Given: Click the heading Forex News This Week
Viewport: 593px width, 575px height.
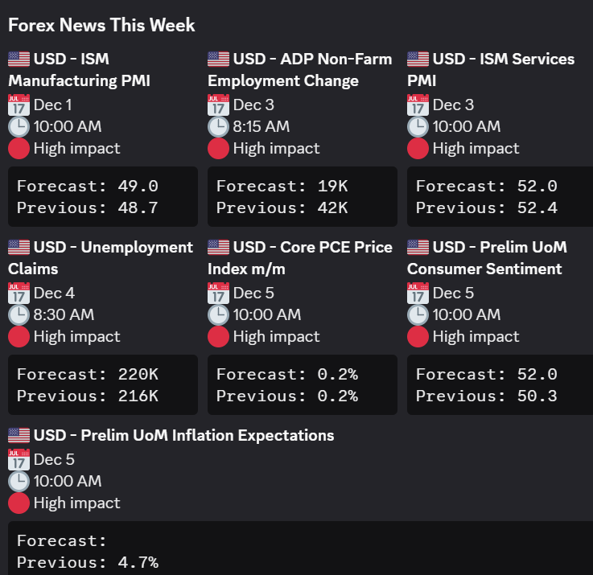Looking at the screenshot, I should [x=101, y=25].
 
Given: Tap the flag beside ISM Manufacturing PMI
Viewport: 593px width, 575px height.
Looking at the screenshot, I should [x=19, y=59].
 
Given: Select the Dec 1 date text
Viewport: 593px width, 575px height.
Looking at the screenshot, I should [x=52, y=105].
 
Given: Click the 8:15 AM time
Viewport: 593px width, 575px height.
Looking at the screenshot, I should [x=261, y=126].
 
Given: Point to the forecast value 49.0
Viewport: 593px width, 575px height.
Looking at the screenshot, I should [x=138, y=187].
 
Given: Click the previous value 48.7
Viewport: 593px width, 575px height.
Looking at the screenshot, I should [x=138, y=208].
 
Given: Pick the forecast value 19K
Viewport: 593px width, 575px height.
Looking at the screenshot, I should [x=332, y=187].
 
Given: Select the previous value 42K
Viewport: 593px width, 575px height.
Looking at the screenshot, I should [x=332, y=208].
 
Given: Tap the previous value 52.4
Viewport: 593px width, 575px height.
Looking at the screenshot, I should [x=537, y=208].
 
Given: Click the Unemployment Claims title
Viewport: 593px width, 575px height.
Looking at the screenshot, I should [x=101, y=257].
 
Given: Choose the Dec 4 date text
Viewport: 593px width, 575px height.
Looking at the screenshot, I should [x=54, y=293].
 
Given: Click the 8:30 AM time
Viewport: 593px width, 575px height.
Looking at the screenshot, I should [x=64, y=314].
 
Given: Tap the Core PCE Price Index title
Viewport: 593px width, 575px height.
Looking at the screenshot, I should [x=300, y=257].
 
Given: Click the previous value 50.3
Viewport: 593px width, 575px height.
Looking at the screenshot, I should [x=537, y=396].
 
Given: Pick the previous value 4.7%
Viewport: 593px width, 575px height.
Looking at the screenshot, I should [x=138, y=562].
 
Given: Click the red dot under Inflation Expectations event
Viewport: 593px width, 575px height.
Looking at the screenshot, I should [x=19, y=503].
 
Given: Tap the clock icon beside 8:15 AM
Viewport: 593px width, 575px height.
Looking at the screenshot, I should [x=218, y=126].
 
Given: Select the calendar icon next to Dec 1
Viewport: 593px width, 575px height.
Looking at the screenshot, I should [x=19, y=105].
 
